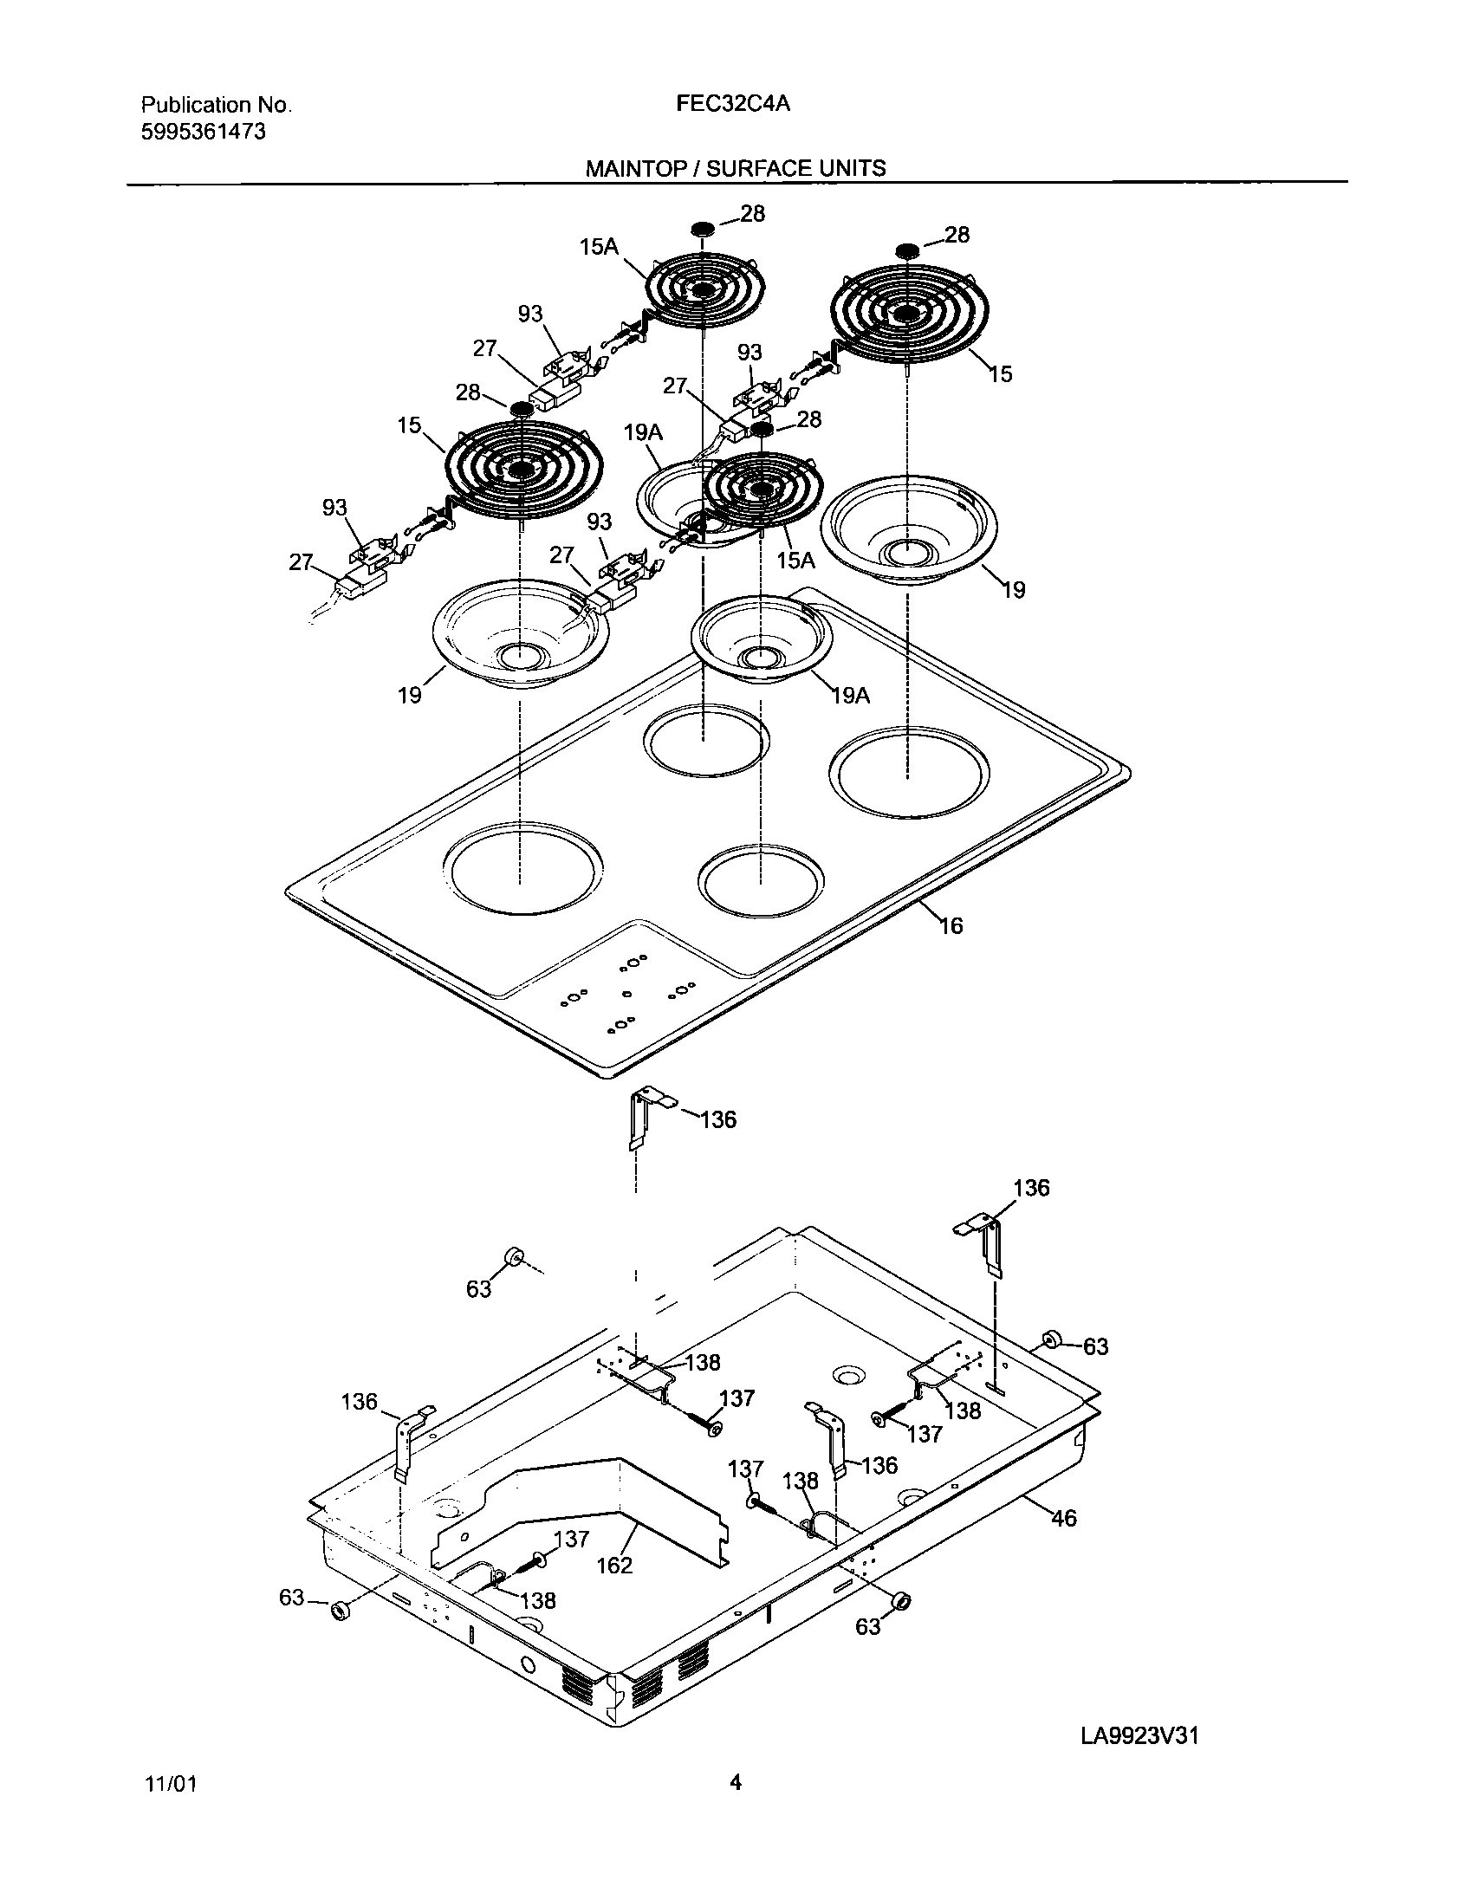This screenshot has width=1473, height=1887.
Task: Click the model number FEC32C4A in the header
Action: click(x=732, y=104)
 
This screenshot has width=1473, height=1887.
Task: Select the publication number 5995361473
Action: click(x=204, y=132)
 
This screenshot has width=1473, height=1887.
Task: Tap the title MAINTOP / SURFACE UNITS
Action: click(x=736, y=168)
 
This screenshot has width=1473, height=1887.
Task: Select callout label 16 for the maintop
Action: click(x=951, y=926)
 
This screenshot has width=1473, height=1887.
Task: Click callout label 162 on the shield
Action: click(x=614, y=1565)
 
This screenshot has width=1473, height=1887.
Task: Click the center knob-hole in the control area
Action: click(x=626, y=993)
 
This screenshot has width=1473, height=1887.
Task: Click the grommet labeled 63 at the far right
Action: click(x=1052, y=1340)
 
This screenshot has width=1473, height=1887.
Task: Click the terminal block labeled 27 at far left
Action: click(x=353, y=586)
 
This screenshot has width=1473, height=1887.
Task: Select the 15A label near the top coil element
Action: click(x=599, y=247)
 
